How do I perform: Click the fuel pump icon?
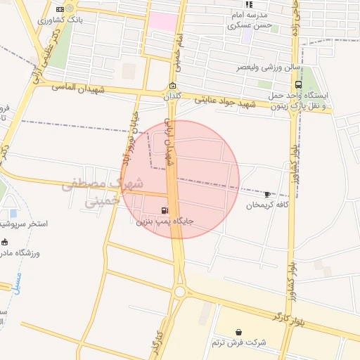tap(165, 209)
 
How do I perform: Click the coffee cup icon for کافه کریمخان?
tap(267, 194)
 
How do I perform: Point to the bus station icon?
tap(299, 84)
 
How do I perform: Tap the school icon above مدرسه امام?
tap(249, 4)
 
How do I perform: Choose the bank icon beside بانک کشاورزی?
tap(60, 8)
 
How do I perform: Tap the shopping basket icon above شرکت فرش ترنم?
tap(239, 331)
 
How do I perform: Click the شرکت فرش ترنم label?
tap(239, 342)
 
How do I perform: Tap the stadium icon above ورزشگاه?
tap(5, 241)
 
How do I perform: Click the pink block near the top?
tap(163, 21)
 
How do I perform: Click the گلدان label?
tap(172, 96)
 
